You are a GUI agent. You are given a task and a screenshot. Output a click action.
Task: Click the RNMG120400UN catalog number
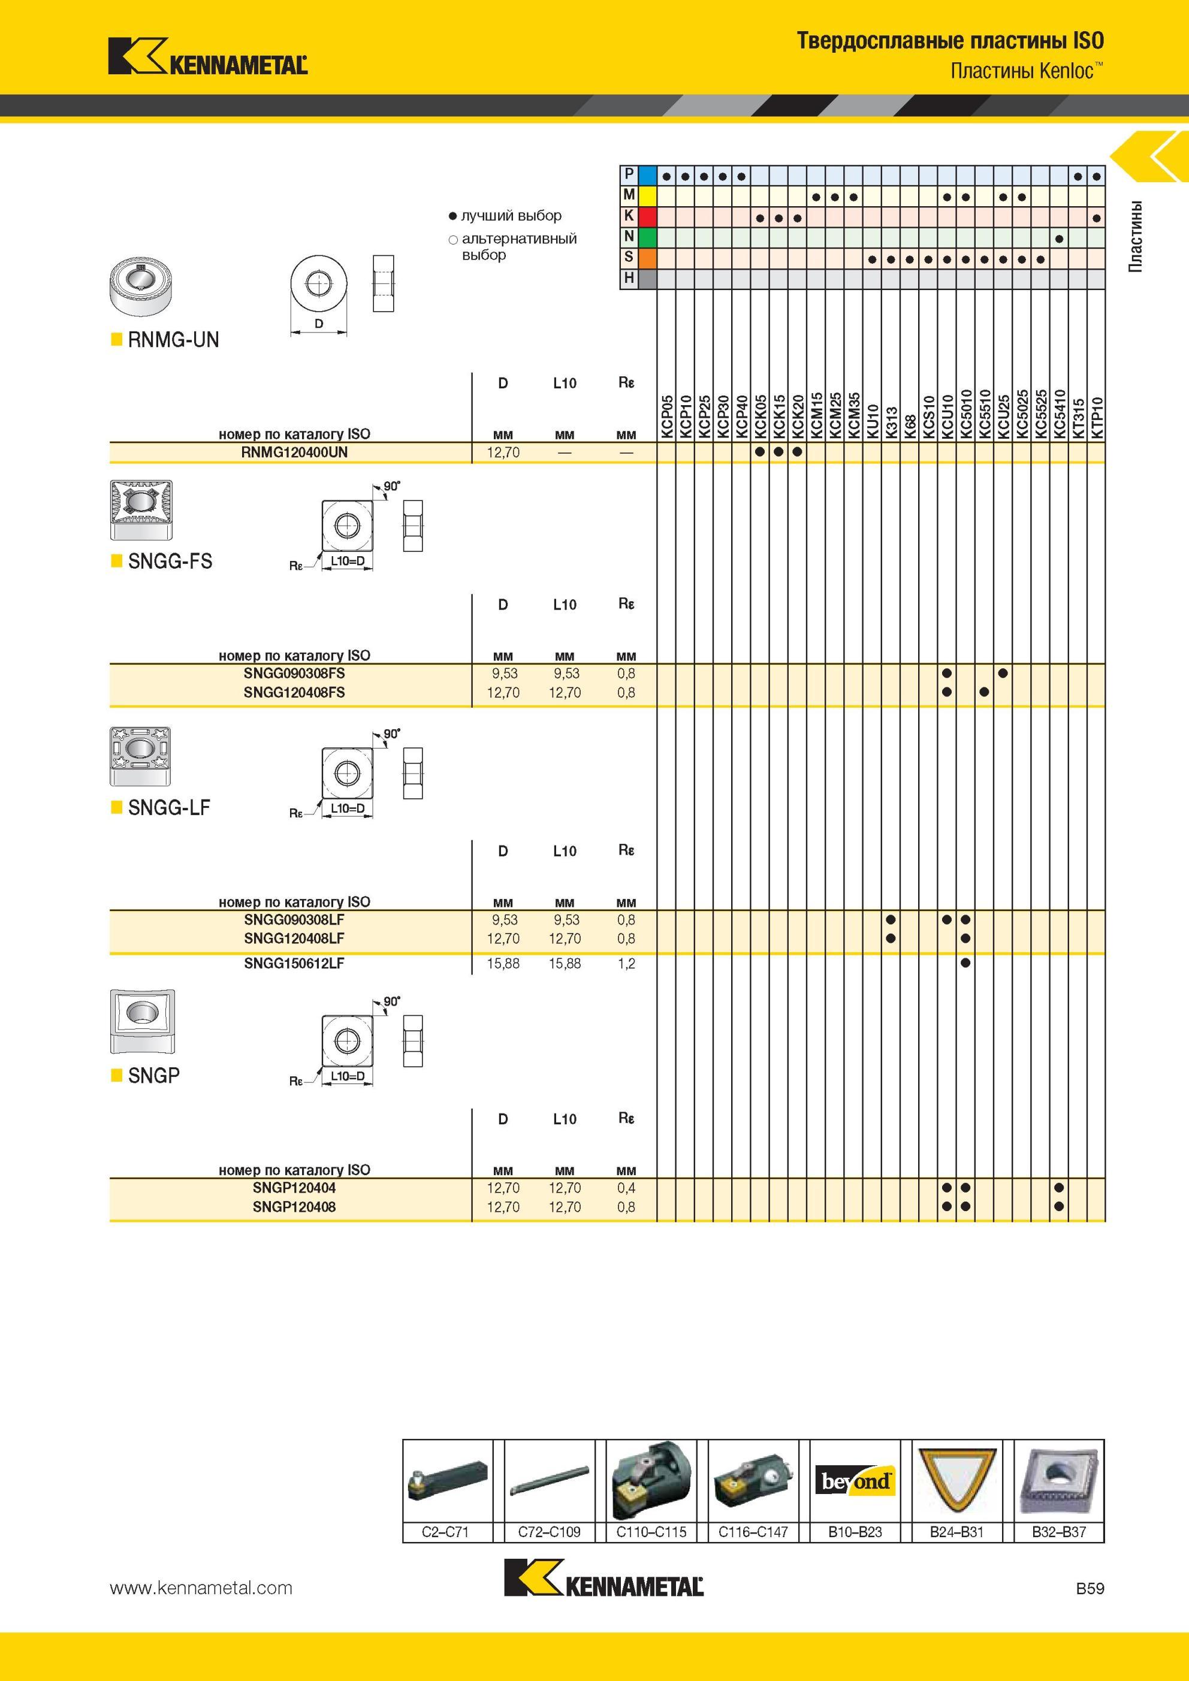[294, 452]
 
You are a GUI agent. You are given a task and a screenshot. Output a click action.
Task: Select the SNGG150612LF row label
[294, 964]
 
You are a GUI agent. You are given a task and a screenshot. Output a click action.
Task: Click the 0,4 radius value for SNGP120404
[626, 1188]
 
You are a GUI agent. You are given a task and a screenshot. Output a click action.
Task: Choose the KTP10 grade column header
[1096, 417]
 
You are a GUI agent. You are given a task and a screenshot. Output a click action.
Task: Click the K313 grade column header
[891, 423]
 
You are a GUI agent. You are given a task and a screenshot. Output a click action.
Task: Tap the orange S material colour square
[647, 258]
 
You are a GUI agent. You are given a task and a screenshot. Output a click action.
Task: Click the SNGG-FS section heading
[170, 561]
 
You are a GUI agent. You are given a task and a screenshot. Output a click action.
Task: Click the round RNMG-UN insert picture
[139, 285]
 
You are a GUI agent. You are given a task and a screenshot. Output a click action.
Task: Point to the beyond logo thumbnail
[855, 1481]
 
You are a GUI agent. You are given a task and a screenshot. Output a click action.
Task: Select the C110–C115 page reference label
[651, 1532]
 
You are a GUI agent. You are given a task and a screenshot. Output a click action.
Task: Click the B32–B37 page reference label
[1059, 1532]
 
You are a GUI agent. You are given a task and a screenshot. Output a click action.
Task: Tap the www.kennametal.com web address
[201, 1588]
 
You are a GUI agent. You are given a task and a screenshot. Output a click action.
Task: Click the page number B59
[1090, 1588]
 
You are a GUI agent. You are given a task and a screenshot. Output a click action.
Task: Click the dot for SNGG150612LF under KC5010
[965, 963]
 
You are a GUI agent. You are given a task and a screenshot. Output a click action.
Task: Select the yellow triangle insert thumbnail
[956, 1480]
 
